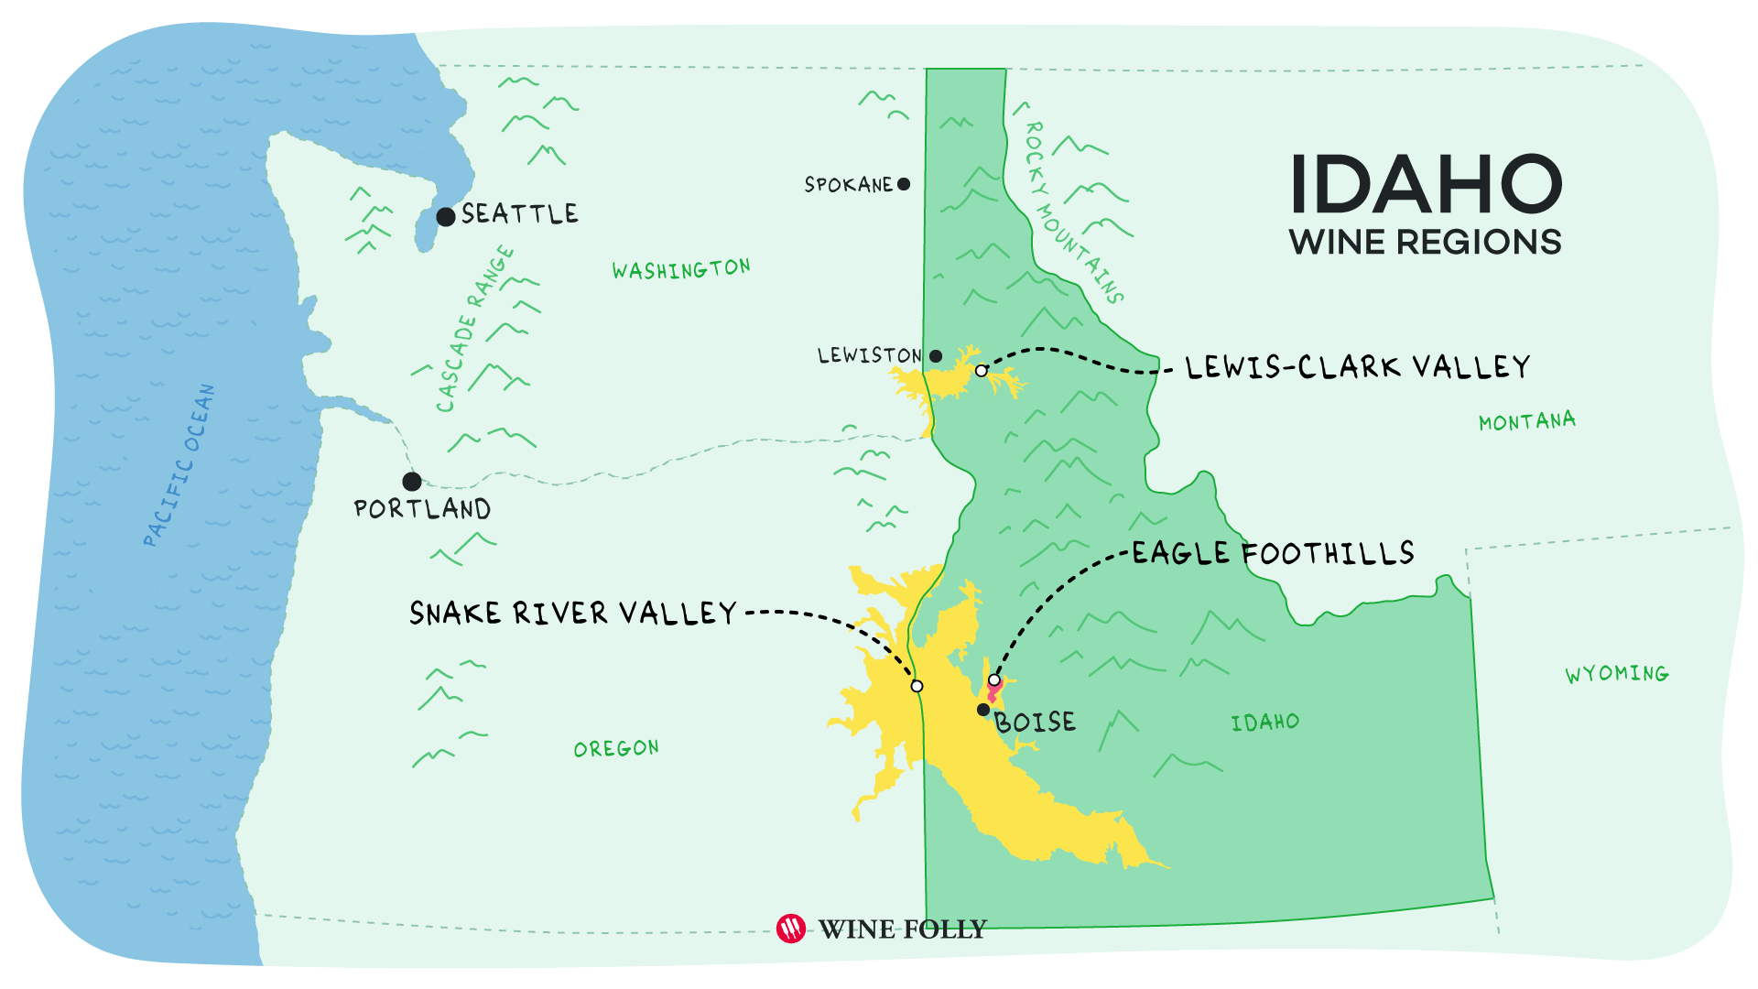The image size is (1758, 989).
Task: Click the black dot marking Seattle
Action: click(x=446, y=217)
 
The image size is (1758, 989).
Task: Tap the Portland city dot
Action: click(x=412, y=481)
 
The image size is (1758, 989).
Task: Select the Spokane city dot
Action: click(x=904, y=184)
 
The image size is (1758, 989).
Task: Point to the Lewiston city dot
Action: click(x=936, y=356)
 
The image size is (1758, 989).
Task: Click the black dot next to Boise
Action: click(x=983, y=710)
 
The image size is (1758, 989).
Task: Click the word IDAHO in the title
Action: click(x=1426, y=185)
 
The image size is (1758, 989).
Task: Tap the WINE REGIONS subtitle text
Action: click(x=1425, y=243)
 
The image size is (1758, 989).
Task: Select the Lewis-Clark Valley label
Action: click(x=1357, y=367)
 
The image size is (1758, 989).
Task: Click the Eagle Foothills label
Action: click(x=1273, y=553)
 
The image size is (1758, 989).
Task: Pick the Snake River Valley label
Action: click(x=572, y=613)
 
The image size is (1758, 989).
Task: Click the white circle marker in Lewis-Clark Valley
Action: click(x=982, y=371)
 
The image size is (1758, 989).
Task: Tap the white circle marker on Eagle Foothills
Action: click(x=994, y=679)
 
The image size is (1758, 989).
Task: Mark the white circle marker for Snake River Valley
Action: click(x=917, y=686)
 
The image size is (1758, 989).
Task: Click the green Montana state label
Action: click(x=1526, y=421)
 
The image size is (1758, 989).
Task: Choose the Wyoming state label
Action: click(x=1616, y=674)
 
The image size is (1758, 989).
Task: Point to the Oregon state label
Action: click(x=616, y=748)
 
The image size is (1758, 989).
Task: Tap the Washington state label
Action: click(x=681, y=269)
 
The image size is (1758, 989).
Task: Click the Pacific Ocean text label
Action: click(x=180, y=465)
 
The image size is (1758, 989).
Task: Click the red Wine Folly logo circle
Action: click(x=791, y=929)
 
